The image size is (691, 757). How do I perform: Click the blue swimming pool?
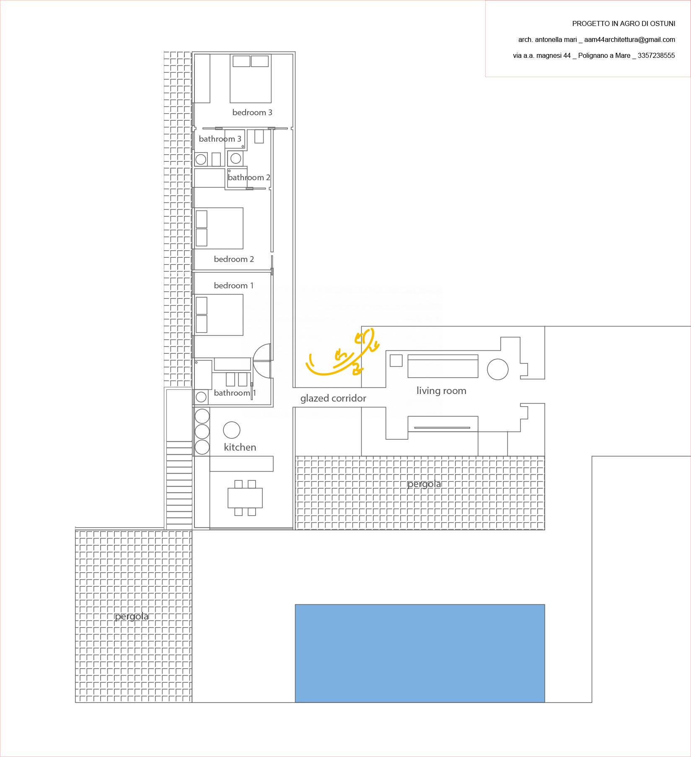pos(420,653)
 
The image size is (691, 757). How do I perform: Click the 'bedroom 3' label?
pos(252,112)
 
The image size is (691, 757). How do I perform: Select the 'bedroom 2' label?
pos(234,259)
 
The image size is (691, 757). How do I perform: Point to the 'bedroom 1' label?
pos(234,285)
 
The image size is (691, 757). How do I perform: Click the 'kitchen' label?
pos(240,447)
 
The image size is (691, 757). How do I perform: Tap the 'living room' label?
pos(441,391)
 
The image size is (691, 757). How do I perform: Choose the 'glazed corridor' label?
pos(333,398)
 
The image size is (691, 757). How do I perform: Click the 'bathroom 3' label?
pos(220,139)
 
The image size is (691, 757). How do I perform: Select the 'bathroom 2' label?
pos(249,177)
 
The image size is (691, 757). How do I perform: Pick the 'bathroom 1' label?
pos(235,393)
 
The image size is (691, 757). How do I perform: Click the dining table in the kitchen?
pos(245,498)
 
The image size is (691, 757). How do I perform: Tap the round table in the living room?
pos(497,369)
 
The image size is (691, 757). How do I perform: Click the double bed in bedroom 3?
pos(251,80)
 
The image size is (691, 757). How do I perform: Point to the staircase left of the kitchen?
pos(179,484)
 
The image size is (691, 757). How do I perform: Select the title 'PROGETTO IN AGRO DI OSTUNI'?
pos(624,24)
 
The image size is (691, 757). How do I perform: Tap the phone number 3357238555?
pos(656,55)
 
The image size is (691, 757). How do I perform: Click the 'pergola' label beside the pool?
pos(132,616)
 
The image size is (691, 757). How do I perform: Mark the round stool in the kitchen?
pos(231,430)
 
